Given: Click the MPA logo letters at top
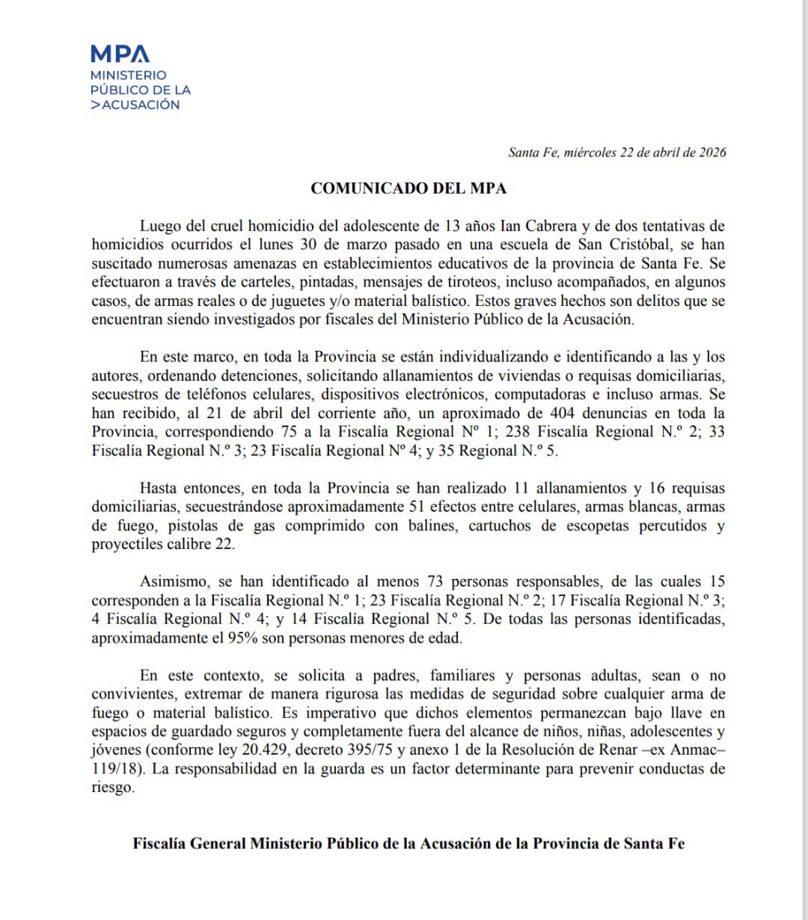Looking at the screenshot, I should [x=120, y=54].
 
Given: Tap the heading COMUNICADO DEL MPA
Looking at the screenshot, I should [x=408, y=188].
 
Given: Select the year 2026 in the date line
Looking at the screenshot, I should [x=712, y=153].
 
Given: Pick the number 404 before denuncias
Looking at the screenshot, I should [x=561, y=413].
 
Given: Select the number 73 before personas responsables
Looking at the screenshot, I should [x=435, y=582].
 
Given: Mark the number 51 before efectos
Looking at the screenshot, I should [x=417, y=507].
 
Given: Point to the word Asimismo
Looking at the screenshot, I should [x=171, y=582].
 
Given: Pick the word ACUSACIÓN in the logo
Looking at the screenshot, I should [x=141, y=105].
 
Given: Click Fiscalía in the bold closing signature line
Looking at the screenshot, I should [x=159, y=844].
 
